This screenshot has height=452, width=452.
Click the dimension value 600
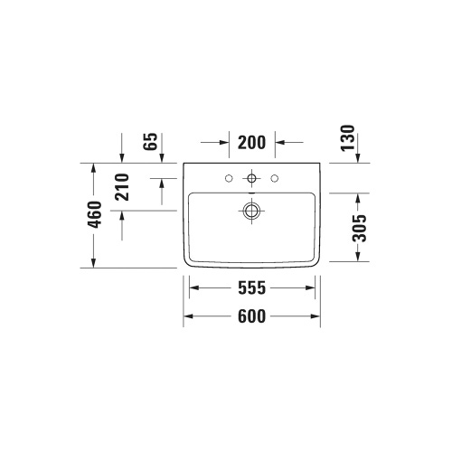(x=252, y=316)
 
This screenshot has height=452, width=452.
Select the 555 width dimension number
(x=252, y=289)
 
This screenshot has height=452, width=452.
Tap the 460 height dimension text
(x=94, y=215)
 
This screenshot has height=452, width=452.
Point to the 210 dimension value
(x=123, y=186)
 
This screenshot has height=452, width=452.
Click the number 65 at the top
(x=151, y=142)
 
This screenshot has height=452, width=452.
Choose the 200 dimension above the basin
(x=252, y=142)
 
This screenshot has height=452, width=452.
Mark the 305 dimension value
(x=360, y=228)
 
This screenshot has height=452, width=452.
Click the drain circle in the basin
(x=252, y=212)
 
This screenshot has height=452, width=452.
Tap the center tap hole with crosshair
(x=252, y=176)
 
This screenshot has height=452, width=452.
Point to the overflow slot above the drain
(x=252, y=193)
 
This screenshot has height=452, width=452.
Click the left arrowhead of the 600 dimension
(x=189, y=316)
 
